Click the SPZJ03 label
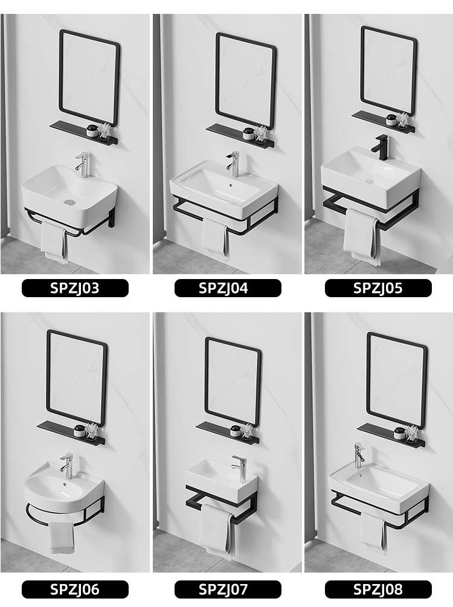(x=75, y=288)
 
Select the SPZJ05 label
(x=378, y=288)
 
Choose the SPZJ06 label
(x=75, y=589)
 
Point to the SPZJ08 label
(x=378, y=589)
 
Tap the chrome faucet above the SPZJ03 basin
(x=83, y=165)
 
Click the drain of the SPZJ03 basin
(x=69, y=202)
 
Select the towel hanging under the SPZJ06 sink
(x=62, y=538)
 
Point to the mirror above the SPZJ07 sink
(x=233, y=382)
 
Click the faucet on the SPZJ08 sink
(x=359, y=455)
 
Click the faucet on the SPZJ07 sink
(x=239, y=468)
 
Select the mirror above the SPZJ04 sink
(x=245, y=80)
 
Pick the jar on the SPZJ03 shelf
(x=92, y=131)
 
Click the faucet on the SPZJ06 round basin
(x=66, y=465)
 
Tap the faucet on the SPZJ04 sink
(x=233, y=164)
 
